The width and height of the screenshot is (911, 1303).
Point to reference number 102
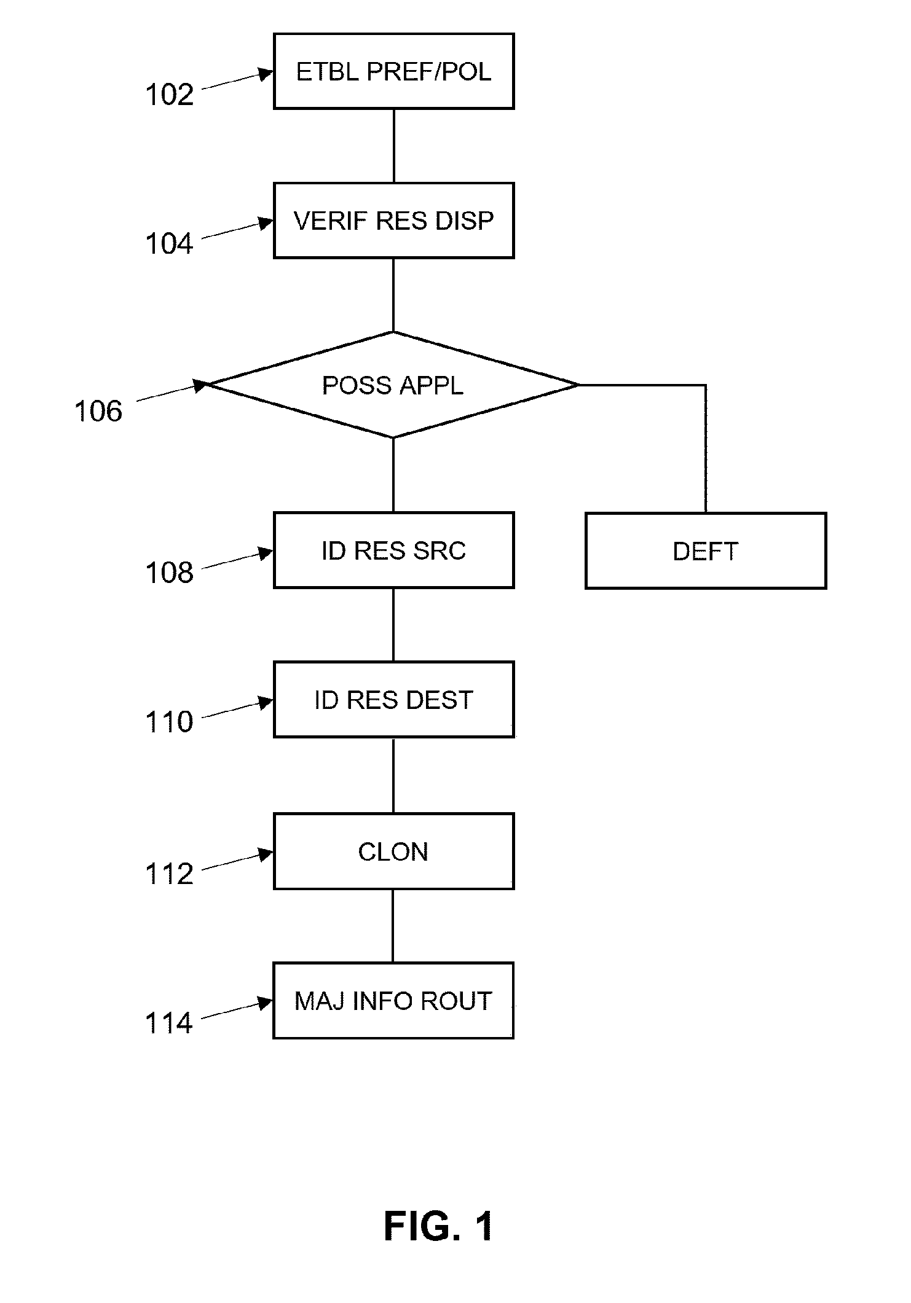[x=169, y=95]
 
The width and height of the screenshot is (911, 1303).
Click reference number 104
[x=169, y=244]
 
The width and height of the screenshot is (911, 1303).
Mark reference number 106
[x=98, y=411]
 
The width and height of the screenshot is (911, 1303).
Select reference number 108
[x=169, y=573]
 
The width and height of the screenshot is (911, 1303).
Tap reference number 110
[x=169, y=722]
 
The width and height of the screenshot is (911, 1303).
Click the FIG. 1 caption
[x=439, y=1226]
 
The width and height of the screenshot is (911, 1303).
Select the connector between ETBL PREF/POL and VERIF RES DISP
[x=393, y=146]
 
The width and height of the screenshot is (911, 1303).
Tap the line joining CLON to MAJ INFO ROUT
[x=393, y=926]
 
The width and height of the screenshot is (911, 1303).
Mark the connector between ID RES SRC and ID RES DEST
[x=393, y=625]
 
